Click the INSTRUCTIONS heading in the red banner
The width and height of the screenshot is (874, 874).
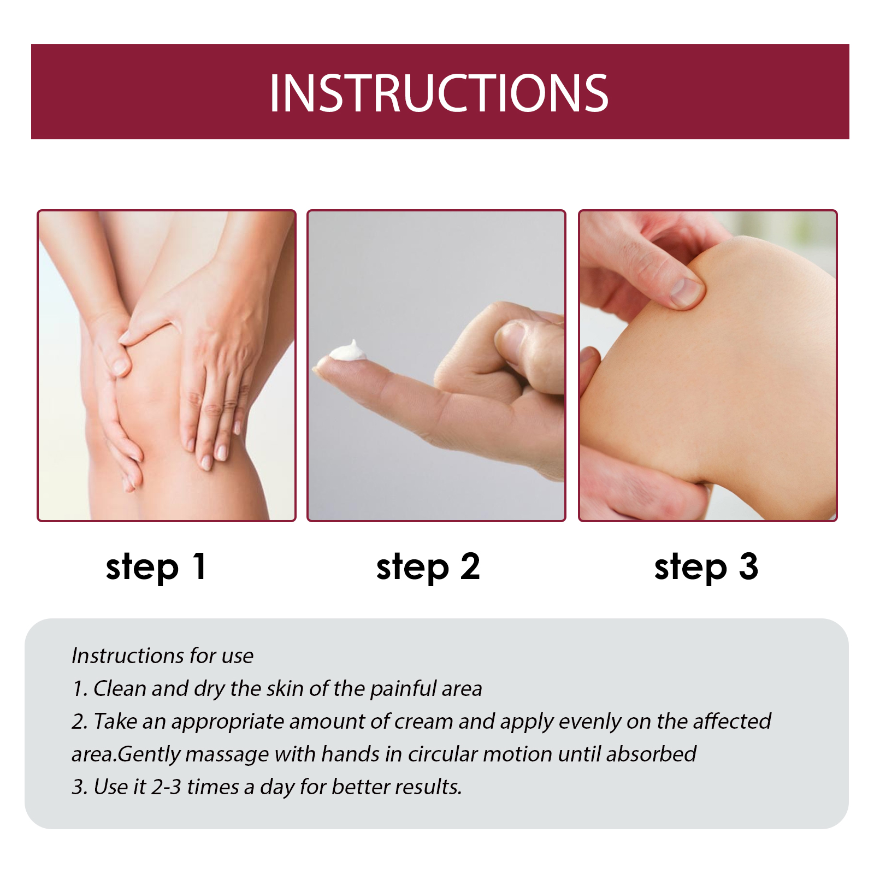coord(439,93)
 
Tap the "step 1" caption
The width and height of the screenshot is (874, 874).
coord(156,568)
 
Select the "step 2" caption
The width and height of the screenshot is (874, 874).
coord(428,568)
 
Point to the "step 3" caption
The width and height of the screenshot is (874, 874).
coord(706,568)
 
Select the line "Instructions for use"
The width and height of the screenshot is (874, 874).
coord(162,655)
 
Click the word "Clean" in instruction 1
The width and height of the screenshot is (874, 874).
coord(120,688)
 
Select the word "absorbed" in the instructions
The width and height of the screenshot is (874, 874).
coord(651,754)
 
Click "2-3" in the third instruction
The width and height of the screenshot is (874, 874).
coord(166,787)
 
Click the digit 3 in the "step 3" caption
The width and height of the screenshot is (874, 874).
coord(748,566)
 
